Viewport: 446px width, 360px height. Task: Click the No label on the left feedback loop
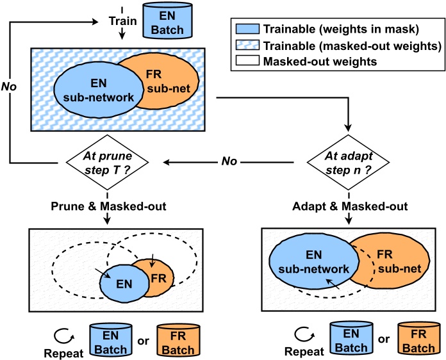10,85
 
